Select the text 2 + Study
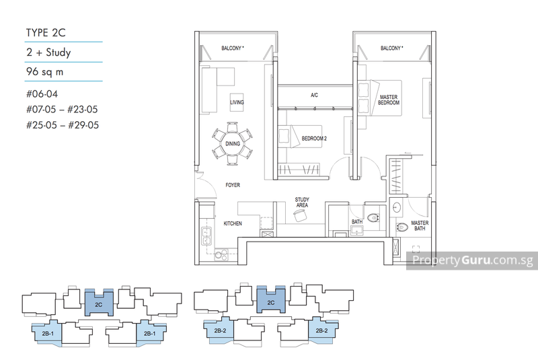click(48, 52)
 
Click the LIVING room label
click(237, 102)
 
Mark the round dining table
click(233, 142)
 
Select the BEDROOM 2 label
click(315, 138)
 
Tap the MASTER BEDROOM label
click(388, 99)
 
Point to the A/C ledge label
click(314, 96)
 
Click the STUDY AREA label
click(302, 202)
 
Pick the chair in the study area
click(300, 215)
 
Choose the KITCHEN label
click(233, 223)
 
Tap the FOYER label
click(233, 185)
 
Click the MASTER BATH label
click(420, 226)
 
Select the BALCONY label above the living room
click(233, 48)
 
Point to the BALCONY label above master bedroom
click(391, 48)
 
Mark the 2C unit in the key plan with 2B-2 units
click(271, 303)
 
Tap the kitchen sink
click(206, 236)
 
